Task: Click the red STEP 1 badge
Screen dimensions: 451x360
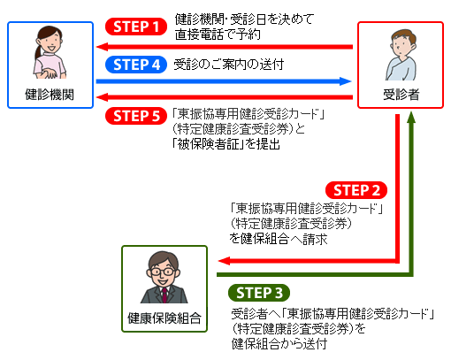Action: click(136, 27)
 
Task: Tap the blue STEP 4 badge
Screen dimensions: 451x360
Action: click(136, 65)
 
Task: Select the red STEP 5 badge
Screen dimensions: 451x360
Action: click(136, 116)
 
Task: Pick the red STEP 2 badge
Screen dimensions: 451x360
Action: click(356, 190)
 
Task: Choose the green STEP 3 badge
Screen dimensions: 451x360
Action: click(259, 293)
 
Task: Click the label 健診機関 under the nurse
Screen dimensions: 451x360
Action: click(50, 95)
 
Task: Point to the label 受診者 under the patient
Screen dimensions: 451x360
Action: click(401, 95)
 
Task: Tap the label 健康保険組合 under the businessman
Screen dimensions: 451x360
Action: click(164, 318)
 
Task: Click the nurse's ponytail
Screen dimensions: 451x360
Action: click(38, 52)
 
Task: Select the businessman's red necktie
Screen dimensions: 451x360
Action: click(164, 295)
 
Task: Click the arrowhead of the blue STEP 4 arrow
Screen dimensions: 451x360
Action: click(346, 81)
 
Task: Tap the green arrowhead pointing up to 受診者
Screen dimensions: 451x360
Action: click(411, 117)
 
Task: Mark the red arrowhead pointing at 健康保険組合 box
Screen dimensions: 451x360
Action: click(224, 261)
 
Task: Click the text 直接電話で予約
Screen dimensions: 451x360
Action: click(218, 34)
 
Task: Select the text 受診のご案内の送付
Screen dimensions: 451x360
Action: click(229, 65)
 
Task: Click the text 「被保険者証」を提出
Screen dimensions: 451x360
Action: click(226, 144)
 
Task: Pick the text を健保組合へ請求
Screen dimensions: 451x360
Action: click(279, 239)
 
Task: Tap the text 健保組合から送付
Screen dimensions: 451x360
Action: click(279, 344)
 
